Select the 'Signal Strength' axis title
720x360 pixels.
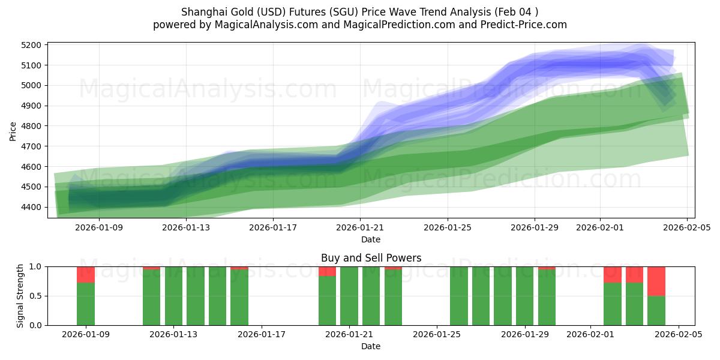pyautogui.click(x=21, y=296)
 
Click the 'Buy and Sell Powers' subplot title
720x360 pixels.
pyautogui.click(x=371, y=258)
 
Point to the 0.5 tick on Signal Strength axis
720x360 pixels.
pyautogui.click(x=35, y=296)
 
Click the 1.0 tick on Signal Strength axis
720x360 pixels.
pyautogui.click(x=35, y=266)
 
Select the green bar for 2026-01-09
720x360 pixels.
pyautogui.click(x=86, y=304)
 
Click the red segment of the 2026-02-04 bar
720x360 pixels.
pyautogui.click(x=656, y=281)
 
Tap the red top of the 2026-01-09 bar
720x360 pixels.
pyautogui.click(x=86, y=274)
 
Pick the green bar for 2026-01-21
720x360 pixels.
pyautogui.click(x=349, y=296)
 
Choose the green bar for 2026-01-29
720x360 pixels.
pyautogui.click(x=524, y=296)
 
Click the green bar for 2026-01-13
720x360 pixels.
pyautogui.click(x=173, y=296)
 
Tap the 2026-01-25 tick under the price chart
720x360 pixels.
pyautogui.click(x=448, y=227)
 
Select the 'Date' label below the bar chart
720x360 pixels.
pyautogui.click(x=371, y=346)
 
